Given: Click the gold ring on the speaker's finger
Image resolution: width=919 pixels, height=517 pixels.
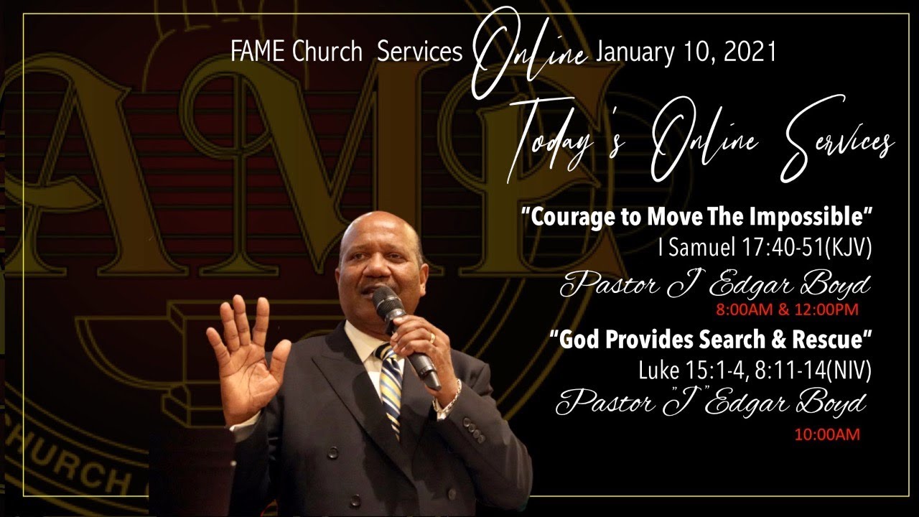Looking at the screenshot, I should pos(431,336).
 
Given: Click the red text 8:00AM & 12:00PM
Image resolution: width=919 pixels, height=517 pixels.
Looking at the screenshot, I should pos(787,310).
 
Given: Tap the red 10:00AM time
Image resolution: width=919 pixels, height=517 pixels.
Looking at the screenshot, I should pos(826,434).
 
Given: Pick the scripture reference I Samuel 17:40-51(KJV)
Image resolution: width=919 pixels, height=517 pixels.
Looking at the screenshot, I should pos(765,248).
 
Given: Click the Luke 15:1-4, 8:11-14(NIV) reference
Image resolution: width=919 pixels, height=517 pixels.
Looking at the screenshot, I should pos(755,371).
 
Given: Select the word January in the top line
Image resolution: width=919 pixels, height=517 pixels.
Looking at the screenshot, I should pos(630,53).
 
